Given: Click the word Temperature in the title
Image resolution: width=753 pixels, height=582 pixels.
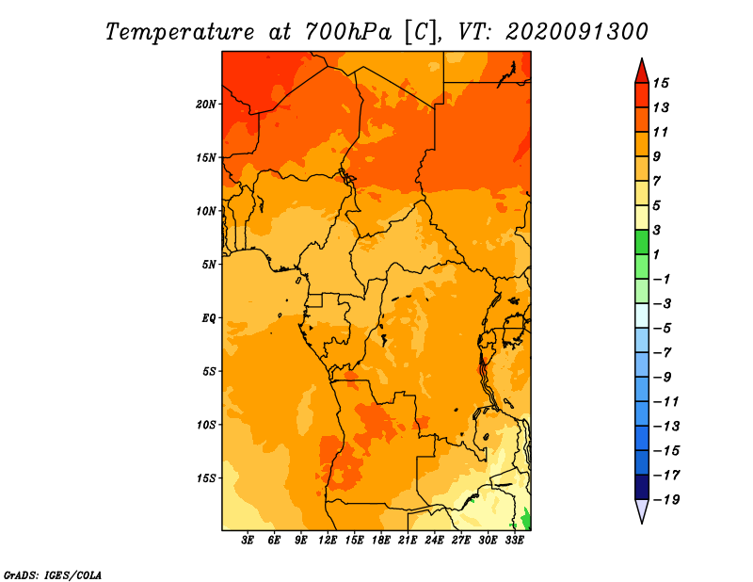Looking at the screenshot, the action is pyautogui.click(x=180, y=32).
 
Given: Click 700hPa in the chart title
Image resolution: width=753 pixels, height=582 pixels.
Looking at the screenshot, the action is pyautogui.click(x=348, y=32).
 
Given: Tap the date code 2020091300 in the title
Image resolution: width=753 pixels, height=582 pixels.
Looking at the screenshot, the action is pyautogui.click(x=577, y=32).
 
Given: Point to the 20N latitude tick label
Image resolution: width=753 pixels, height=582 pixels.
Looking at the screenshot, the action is pyautogui.click(x=205, y=105).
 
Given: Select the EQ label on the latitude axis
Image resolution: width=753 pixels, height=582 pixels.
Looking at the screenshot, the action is pyautogui.click(x=208, y=318).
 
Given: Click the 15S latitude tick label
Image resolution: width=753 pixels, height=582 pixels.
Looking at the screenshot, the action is pyautogui.click(x=205, y=478).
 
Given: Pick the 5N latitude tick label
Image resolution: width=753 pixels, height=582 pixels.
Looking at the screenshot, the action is pyautogui.click(x=208, y=265).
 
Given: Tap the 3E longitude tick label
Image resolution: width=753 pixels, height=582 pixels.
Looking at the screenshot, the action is pyautogui.click(x=248, y=540).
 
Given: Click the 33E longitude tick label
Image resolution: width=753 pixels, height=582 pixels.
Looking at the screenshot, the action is pyautogui.click(x=514, y=540).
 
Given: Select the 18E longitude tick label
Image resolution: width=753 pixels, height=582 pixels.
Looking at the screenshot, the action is pyautogui.click(x=381, y=540).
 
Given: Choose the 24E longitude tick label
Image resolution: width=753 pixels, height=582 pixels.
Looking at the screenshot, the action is pyautogui.click(x=434, y=540).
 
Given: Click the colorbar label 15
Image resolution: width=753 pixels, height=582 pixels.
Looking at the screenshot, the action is pyautogui.click(x=661, y=83).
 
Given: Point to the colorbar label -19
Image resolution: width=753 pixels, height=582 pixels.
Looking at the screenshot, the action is pyautogui.click(x=666, y=500).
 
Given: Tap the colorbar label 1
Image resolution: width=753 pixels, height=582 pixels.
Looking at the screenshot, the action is pyautogui.click(x=656, y=254).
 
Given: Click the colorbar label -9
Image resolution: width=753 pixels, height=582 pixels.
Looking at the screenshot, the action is pyautogui.click(x=663, y=378).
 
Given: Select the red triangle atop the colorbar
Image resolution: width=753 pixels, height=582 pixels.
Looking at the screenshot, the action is pyautogui.click(x=642, y=72).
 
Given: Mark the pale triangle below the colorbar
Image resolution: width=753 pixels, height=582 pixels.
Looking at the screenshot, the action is pyautogui.click(x=642, y=510).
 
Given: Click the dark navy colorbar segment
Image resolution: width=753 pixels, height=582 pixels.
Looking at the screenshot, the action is pyautogui.click(x=642, y=487).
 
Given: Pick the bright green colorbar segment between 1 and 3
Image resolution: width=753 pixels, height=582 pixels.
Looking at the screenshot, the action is pyautogui.click(x=642, y=242).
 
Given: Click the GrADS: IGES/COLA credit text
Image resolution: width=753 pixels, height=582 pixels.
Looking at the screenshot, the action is pyautogui.click(x=53, y=575).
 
